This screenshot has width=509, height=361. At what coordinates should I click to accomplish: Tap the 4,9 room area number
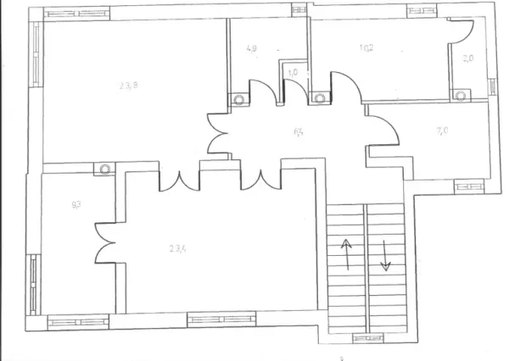251,48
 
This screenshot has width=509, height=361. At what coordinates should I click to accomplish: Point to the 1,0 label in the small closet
293,73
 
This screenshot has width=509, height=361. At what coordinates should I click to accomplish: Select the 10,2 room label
366,48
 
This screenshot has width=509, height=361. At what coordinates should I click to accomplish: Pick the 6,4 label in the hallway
299,131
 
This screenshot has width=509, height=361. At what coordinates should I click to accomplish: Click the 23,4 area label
177,247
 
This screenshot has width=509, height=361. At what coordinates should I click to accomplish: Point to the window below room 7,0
468,182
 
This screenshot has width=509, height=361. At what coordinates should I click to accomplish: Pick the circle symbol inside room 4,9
239,97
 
